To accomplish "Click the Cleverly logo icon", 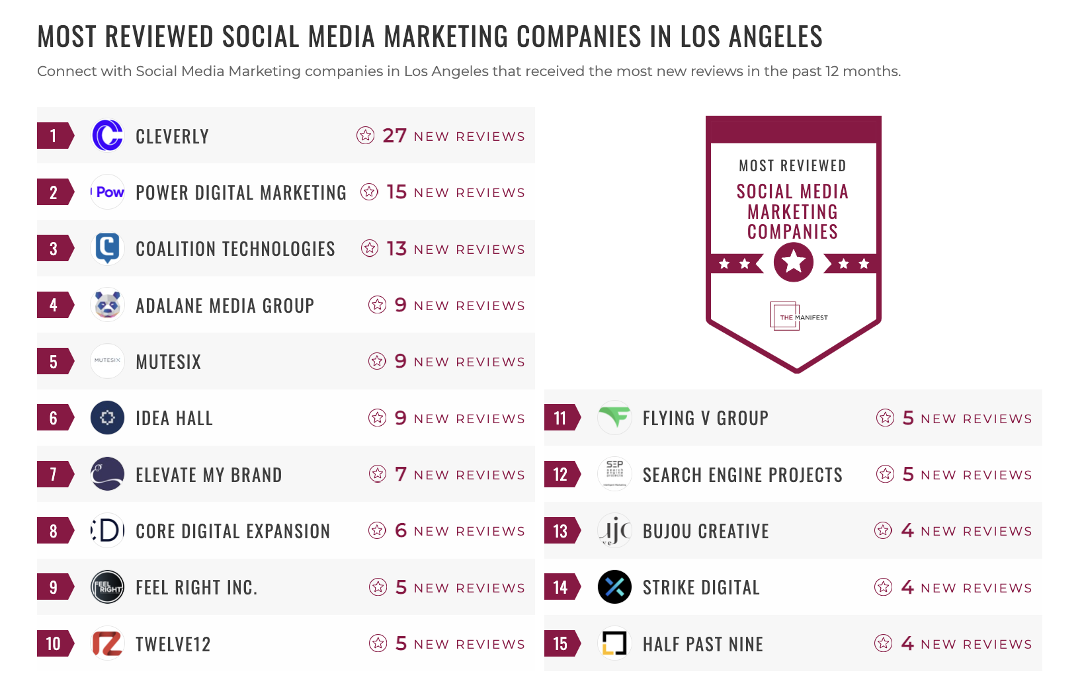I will (107, 136).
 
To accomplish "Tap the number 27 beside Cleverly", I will (394, 136).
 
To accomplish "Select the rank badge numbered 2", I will (54, 192).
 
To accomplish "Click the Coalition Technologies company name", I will (235, 249).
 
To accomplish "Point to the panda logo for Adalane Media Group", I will (107, 305).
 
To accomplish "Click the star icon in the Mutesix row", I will (377, 361).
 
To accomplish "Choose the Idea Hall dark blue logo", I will (107, 418).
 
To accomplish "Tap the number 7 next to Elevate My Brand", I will (401, 474).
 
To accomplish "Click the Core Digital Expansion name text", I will (232, 532).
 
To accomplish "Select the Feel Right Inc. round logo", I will (107, 587).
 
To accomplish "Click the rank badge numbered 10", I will (54, 643).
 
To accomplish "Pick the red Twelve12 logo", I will (107, 643).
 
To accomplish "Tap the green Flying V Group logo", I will (614, 418).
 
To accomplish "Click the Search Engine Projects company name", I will (742, 475).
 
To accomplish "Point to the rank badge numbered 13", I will (561, 531).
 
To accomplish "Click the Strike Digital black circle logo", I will (614, 587).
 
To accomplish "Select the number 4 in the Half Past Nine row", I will (907, 643).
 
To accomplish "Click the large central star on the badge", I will (793, 263).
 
